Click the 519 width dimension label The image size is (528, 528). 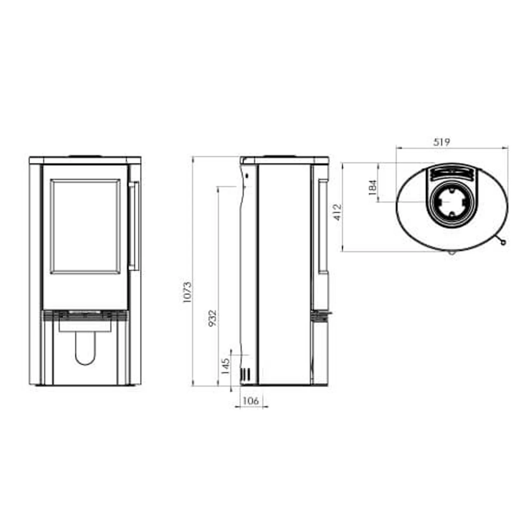pyautogui.click(x=441, y=142)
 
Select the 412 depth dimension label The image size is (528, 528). pyautogui.click(x=337, y=212)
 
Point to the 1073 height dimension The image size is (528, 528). pyautogui.click(x=187, y=292)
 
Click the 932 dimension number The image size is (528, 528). pyautogui.click(x=212, y=318)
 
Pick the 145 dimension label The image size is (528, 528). pyautogui.click(x=225, y=366)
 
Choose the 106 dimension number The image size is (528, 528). pyautogui.click(x=250, y=401)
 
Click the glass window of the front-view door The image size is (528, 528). pyautogui.click(x=86, y=226)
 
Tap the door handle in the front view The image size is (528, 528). pyautogui.click(x=134, y=226)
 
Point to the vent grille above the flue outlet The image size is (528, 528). pyautogui.click(x=451, y=173)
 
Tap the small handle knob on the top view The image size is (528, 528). pyautogui.click(x=503, y=243)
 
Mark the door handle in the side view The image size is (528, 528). pyautogui.click(x=323, y=226)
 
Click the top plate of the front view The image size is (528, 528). pyautogui.click(x=85, y=160)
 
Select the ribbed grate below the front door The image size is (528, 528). pyautogui.click(x=85, y=316)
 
